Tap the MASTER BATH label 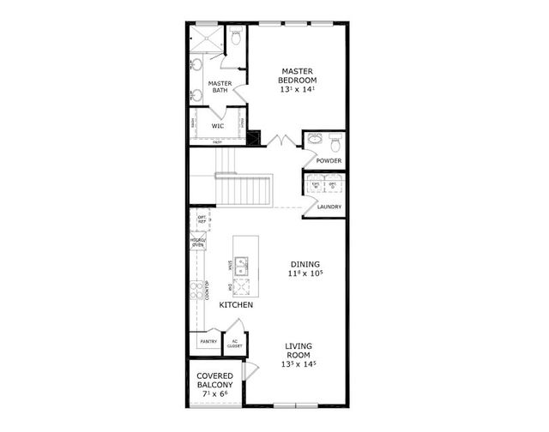pos(220,87)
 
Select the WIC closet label pos(218,126)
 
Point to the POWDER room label pos(329,161)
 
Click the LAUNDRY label pos(329,207)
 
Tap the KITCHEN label pos(235,305)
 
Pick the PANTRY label pos(208,342)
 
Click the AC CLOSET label pos(235,345)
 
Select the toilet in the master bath pos(235,39)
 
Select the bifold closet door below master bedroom pos(279,138)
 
